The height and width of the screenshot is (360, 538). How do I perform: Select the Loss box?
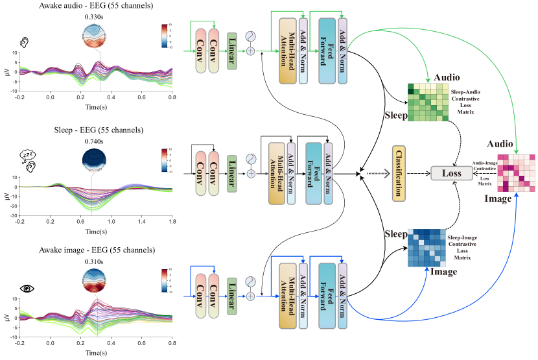(x=452, y=173)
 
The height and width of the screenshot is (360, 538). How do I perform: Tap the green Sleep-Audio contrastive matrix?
(x=427, y=102)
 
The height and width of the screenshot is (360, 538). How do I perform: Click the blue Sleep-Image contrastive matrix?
(x=427, y=248)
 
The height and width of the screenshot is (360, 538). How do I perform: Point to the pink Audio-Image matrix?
(x=517, y=174)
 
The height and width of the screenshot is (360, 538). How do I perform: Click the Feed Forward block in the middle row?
(x=314, y=173)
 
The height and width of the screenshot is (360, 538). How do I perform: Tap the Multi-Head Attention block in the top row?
(x=287, y=51)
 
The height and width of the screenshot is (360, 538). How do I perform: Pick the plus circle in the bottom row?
(x=251, y=296)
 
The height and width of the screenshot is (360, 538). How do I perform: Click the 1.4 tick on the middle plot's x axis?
(x=142, y=222)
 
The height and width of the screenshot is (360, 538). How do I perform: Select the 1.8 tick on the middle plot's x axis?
(x=172, y=222)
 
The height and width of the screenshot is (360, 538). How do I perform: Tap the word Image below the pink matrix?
(x=498, y=199)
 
